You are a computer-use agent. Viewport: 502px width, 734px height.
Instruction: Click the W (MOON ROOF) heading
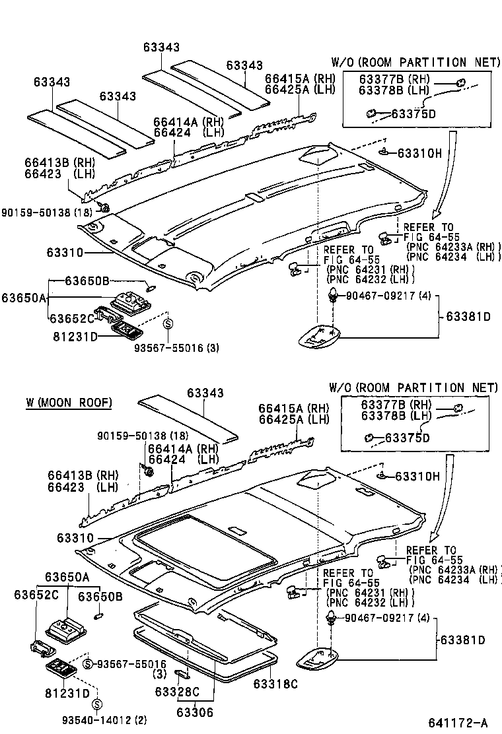[69, 402]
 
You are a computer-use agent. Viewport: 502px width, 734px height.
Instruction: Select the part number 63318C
[275, 684]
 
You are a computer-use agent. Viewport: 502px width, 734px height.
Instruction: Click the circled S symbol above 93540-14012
[97, 704]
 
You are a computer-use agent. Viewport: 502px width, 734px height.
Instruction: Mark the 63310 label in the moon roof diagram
[65, 538]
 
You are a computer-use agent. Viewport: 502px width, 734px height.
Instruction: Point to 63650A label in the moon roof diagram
[67, 576]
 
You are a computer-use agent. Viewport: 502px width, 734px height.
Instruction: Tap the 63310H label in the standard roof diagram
[419, 153]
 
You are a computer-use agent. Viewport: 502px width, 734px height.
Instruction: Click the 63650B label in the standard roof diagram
[87, 281]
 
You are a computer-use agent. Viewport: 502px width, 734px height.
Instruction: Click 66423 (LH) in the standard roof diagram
[69, 174]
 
